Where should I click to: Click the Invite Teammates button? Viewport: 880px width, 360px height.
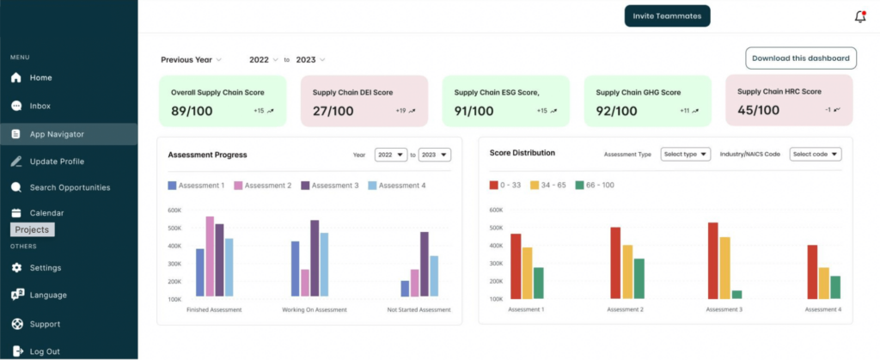click(667, 16)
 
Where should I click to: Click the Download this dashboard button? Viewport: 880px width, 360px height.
click(800, 58)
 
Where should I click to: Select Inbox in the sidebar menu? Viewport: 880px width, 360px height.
click(40, 107)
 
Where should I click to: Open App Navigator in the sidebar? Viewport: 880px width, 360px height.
click(57, 134)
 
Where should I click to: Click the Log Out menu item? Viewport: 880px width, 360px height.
click(45, 351)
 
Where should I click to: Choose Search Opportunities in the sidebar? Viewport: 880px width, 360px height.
click(70, 187)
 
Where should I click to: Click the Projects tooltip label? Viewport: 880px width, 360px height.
click(33, 229)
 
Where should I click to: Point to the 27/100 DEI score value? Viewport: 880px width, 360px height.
click(333, 111)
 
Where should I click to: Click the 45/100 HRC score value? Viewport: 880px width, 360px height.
click(759, 109)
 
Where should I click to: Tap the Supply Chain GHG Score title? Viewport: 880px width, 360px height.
click(639, 92)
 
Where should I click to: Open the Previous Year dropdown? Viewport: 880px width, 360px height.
click(191, 60)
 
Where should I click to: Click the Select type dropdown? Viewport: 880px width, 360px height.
click(686, 154)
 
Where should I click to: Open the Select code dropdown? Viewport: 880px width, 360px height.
click(815, 154)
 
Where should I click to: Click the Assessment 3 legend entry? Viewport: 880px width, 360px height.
click(329, 186)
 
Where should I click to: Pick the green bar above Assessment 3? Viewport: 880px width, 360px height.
click(736, 295)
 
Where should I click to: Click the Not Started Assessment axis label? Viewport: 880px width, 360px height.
click(419, 309)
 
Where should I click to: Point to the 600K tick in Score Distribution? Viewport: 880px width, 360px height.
click(495, 210)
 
